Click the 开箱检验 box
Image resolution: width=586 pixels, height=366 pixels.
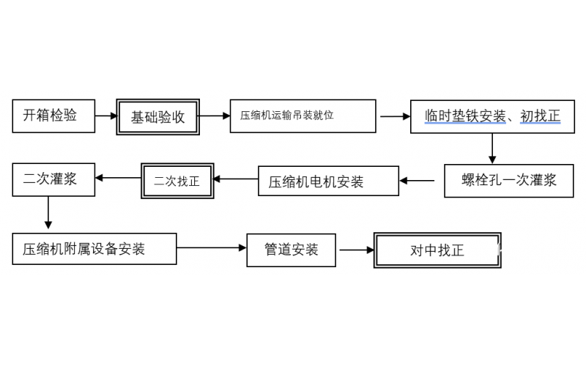point(53,116)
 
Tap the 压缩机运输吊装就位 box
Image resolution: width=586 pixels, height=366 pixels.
point(303,116)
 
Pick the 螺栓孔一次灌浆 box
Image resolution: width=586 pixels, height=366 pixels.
point(508,180)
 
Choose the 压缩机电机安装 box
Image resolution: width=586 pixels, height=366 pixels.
point(327,181)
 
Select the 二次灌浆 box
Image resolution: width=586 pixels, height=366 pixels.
point(53,179)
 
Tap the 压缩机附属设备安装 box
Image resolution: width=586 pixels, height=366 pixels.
point(94,249)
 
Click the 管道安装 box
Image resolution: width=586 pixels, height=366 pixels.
point(292,250)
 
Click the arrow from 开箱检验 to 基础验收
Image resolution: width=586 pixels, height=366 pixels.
point(106,116)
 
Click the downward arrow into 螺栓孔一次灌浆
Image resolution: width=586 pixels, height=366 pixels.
point(492,149)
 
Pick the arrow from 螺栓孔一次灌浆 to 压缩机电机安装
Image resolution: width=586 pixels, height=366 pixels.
point(421,179)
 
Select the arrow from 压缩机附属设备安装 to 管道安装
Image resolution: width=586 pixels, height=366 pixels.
point(212,249)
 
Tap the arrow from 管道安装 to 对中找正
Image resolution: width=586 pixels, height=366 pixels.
point(356,250)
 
